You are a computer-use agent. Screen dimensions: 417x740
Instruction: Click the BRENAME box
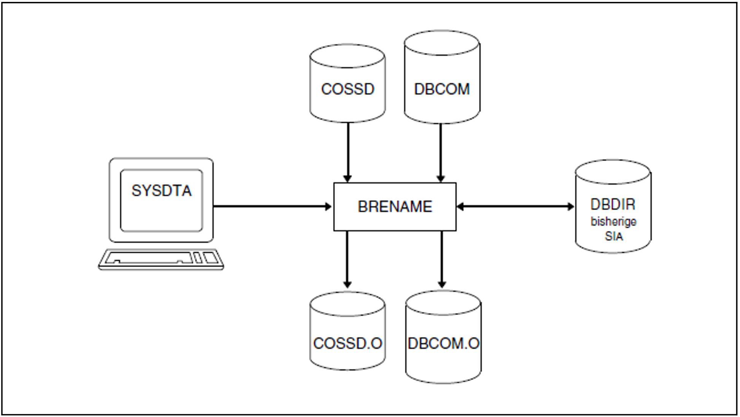[x=395, y=206]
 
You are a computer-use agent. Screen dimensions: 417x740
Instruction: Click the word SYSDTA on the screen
[x=161, y=190]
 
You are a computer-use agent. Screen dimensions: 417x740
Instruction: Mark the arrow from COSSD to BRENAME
[x=348, y=152]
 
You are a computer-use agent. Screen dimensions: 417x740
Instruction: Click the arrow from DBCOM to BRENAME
[x=441, y=152]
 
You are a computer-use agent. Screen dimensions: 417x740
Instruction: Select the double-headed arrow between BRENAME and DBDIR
[x=515, y=206]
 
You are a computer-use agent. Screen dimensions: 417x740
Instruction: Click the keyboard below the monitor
[x=161, y=259]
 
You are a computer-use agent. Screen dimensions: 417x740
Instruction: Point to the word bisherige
[x=613, y=221]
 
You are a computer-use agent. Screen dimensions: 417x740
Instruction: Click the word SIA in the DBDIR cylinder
[x=613, y=236]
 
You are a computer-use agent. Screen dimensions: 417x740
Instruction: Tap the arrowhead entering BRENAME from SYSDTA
[x=328, y=206]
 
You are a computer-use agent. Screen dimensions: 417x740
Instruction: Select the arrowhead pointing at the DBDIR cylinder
[x=571, y=206]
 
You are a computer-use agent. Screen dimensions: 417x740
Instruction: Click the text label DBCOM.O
[x=443, y=344]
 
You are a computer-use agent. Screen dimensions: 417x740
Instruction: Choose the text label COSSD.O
[x=347, y=343]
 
